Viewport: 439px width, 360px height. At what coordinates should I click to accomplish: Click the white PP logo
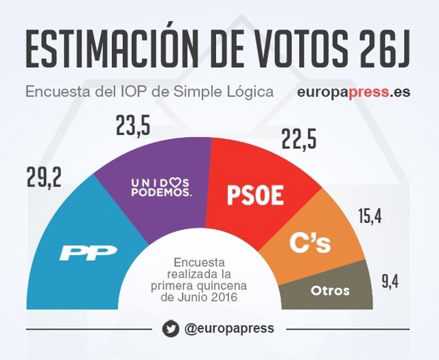point(88,252)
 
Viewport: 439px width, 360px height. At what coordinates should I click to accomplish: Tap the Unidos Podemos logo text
point(161,187)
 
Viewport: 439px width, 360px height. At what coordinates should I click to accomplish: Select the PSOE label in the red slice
point(254,195)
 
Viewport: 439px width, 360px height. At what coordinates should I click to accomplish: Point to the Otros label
point(330,290)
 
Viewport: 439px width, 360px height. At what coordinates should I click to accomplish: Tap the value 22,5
point(298,140)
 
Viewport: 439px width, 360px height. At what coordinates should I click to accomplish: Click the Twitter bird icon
point(171,328)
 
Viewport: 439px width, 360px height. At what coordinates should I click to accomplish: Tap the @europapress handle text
point(229,328)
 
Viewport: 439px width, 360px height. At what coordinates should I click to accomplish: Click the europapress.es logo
point(354,91)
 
